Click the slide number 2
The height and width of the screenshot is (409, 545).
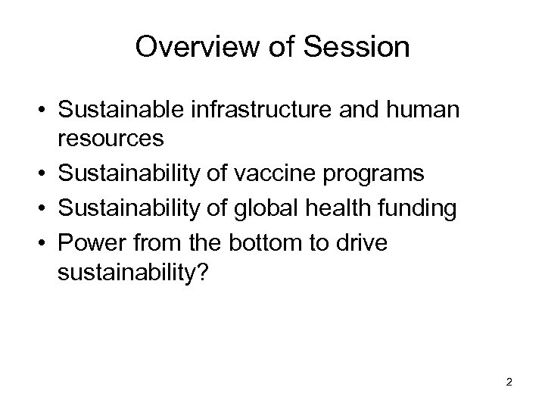(509, 382)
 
